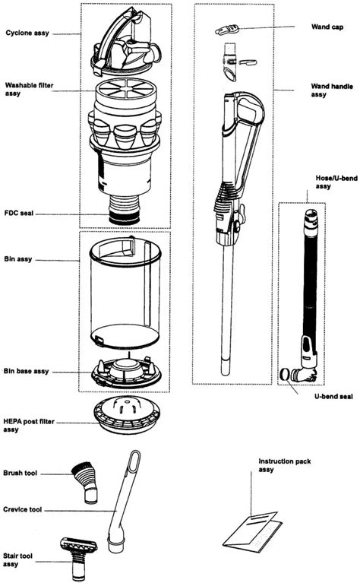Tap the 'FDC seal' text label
point(21,215)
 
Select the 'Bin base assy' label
point(27,371)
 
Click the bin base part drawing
point(125,373)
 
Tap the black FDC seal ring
point(124,217)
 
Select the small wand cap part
point(227,30)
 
